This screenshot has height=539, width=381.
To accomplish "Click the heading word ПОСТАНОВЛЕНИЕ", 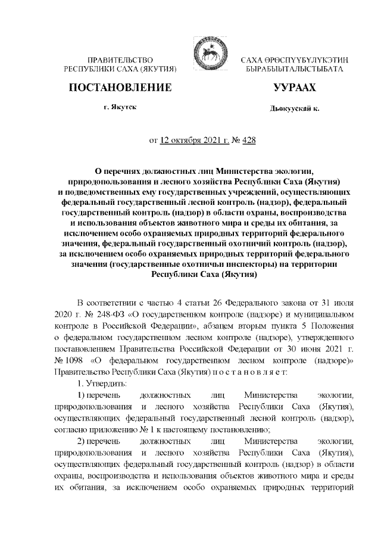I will (120, 88).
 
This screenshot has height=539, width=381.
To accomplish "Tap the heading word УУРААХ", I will (294, 88).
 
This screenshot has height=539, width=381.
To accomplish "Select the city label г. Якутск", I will (120, 109).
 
